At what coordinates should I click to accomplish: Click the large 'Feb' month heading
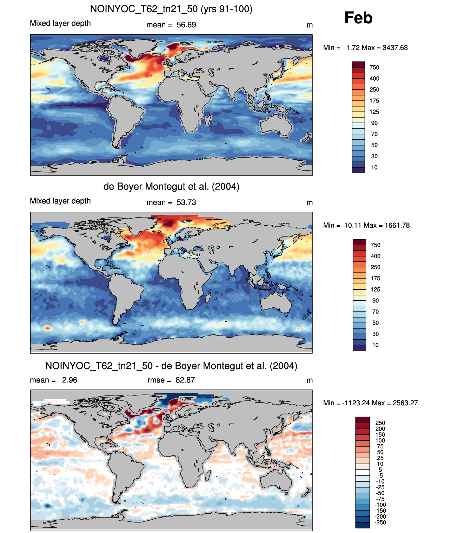click(x=358, y=18)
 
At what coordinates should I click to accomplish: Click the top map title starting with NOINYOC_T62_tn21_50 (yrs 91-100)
click(x=171, y=9)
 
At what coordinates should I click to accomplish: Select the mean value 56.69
click(x=186, y=25)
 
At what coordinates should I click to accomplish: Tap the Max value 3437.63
click(x=395, y=48)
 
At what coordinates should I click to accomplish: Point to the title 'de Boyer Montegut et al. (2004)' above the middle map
click(x=171, y=186)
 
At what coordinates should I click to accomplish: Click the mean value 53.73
click(x=186, y=202)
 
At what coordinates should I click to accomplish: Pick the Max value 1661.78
click(x=397, y=225)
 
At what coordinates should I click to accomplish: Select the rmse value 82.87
click(x=185, y=380)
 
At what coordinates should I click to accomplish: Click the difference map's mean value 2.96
click(x=69, y=380)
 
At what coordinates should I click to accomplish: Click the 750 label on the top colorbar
click(x=374, y=67)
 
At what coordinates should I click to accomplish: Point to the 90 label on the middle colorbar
click(x=376, y=300)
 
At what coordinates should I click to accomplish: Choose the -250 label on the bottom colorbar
click(x=380, y=522)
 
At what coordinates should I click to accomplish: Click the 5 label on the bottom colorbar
click(x=380, y=469)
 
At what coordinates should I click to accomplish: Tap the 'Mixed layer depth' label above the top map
click(x=60, y=23)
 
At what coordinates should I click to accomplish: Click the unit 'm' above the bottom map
click(x=310, y=380)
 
